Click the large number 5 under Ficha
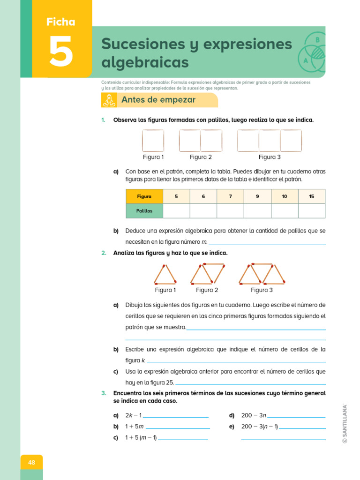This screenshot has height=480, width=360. pos(61,51)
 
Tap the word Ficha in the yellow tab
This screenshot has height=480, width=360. pos(60,22)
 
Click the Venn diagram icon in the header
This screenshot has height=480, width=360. pos(311,52)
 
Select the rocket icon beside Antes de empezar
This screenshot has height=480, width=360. pos(109,100)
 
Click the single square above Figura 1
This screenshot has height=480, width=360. pos(153,141)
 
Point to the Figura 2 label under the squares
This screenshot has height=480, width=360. pos(201,157)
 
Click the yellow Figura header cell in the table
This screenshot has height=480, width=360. pos(144,196)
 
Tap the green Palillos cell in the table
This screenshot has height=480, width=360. pos(144,211)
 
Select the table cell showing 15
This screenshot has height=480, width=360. pos(312,196)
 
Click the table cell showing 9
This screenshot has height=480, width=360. pos(257,196)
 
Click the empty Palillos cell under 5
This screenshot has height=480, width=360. pos(176,211)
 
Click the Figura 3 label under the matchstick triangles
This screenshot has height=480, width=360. pos(262,290)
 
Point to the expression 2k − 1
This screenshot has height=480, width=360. pos(134,415)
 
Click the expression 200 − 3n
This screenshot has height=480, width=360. pos(254,415)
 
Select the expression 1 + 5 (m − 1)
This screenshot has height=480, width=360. pos(141,438)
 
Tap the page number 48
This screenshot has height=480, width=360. pos(31,463)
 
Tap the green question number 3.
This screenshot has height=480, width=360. pos(104,393)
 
